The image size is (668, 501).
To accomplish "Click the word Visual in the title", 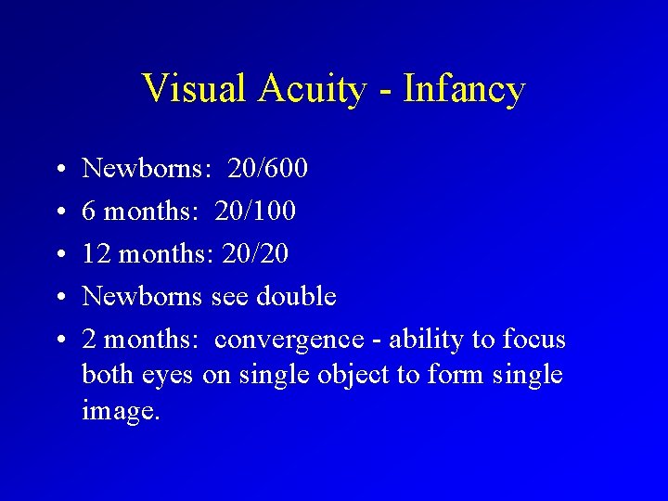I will click(x=193, y=89).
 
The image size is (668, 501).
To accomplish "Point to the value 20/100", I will click(x=255, y=212).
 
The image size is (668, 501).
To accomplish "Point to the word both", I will click(x=108, y=375).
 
